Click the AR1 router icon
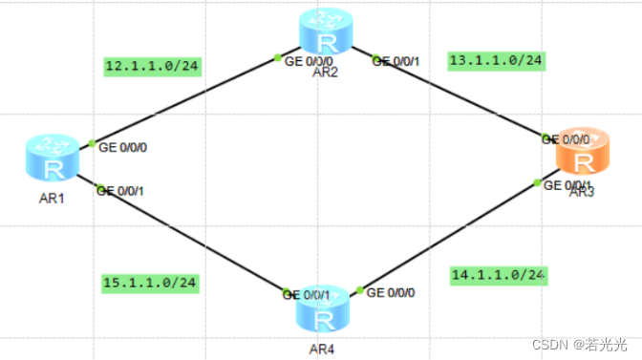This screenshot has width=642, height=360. pyautogui.click(x=53, y=159)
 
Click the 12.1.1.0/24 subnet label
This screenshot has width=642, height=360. pyautogui.click(x=152, y=66)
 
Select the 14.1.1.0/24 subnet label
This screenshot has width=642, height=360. pyautogui.click(x=498, y=275)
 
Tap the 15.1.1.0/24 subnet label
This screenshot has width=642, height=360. pyautogui.click(x=150, y=283)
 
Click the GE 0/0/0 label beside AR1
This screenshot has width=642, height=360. pyautogui.click(x=123, y=148)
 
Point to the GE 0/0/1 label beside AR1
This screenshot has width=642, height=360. pyautogui.click(x=120, y=190)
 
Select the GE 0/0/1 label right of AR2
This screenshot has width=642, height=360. pyautogui.click(x=396, y=61)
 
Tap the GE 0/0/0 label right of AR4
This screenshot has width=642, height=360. pyautogui.click(x=391, y=291)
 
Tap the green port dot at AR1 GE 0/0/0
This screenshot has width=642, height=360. pyautogui.click(x=93, y=143)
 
